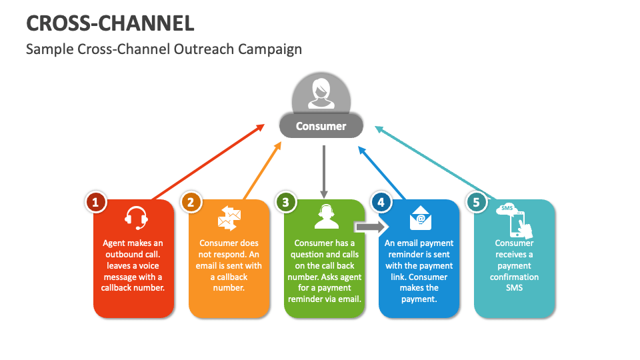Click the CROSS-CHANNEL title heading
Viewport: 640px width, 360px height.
[110, 23]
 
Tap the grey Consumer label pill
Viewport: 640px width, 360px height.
[321, 125]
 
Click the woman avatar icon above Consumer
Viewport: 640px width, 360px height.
[321, 94]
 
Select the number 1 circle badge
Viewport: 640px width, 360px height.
[96, 202]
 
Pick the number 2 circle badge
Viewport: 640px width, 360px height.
[191, 202]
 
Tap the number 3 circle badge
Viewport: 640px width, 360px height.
[285, 202]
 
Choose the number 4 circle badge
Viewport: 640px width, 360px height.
[381, 202]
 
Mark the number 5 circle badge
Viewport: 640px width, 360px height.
[476, 202]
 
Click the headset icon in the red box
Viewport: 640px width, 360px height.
[136, 218]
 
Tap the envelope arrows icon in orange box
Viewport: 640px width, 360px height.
[229, 218]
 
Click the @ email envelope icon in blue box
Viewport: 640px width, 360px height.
[420, 218]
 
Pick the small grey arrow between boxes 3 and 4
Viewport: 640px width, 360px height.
[367, 227]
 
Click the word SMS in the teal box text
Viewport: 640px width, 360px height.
[514, 288]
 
